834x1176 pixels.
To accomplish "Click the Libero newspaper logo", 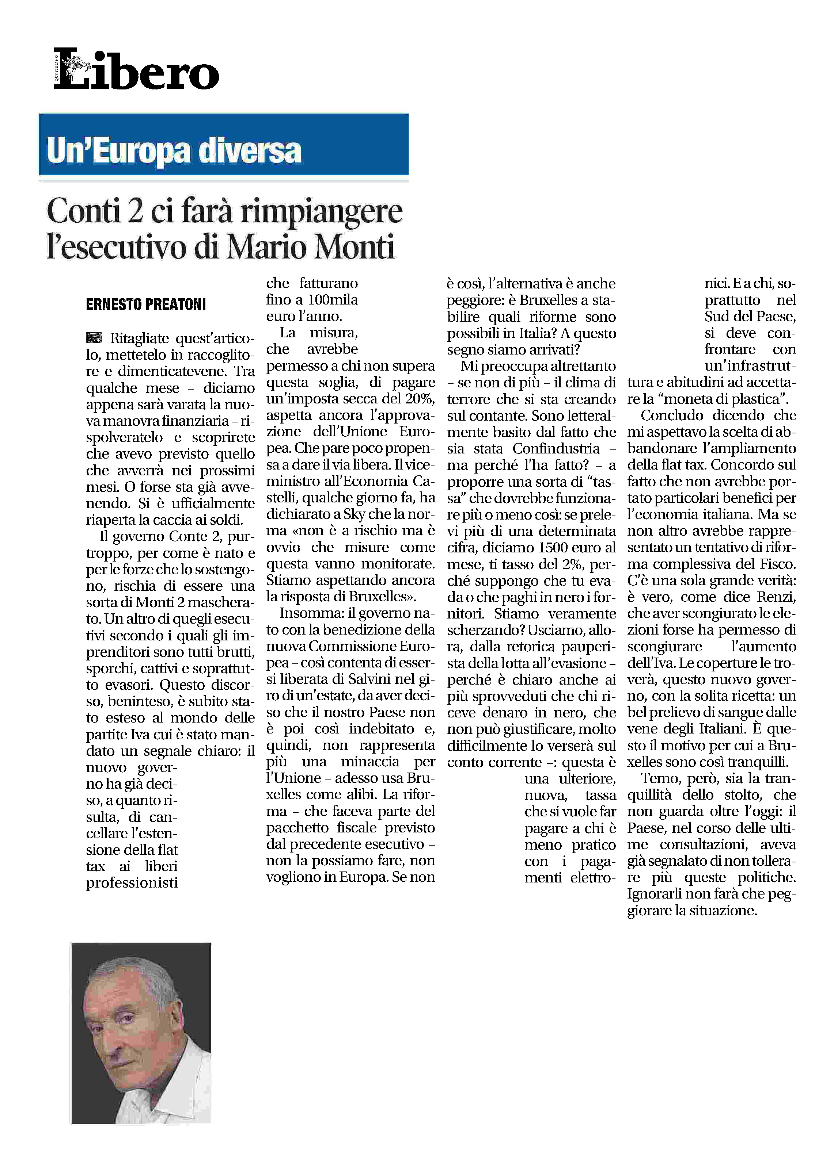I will click(x=136, y=69).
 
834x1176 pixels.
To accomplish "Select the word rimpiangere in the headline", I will click(x=322, y=212).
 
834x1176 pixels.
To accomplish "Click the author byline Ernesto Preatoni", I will click(x=146, y=305).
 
